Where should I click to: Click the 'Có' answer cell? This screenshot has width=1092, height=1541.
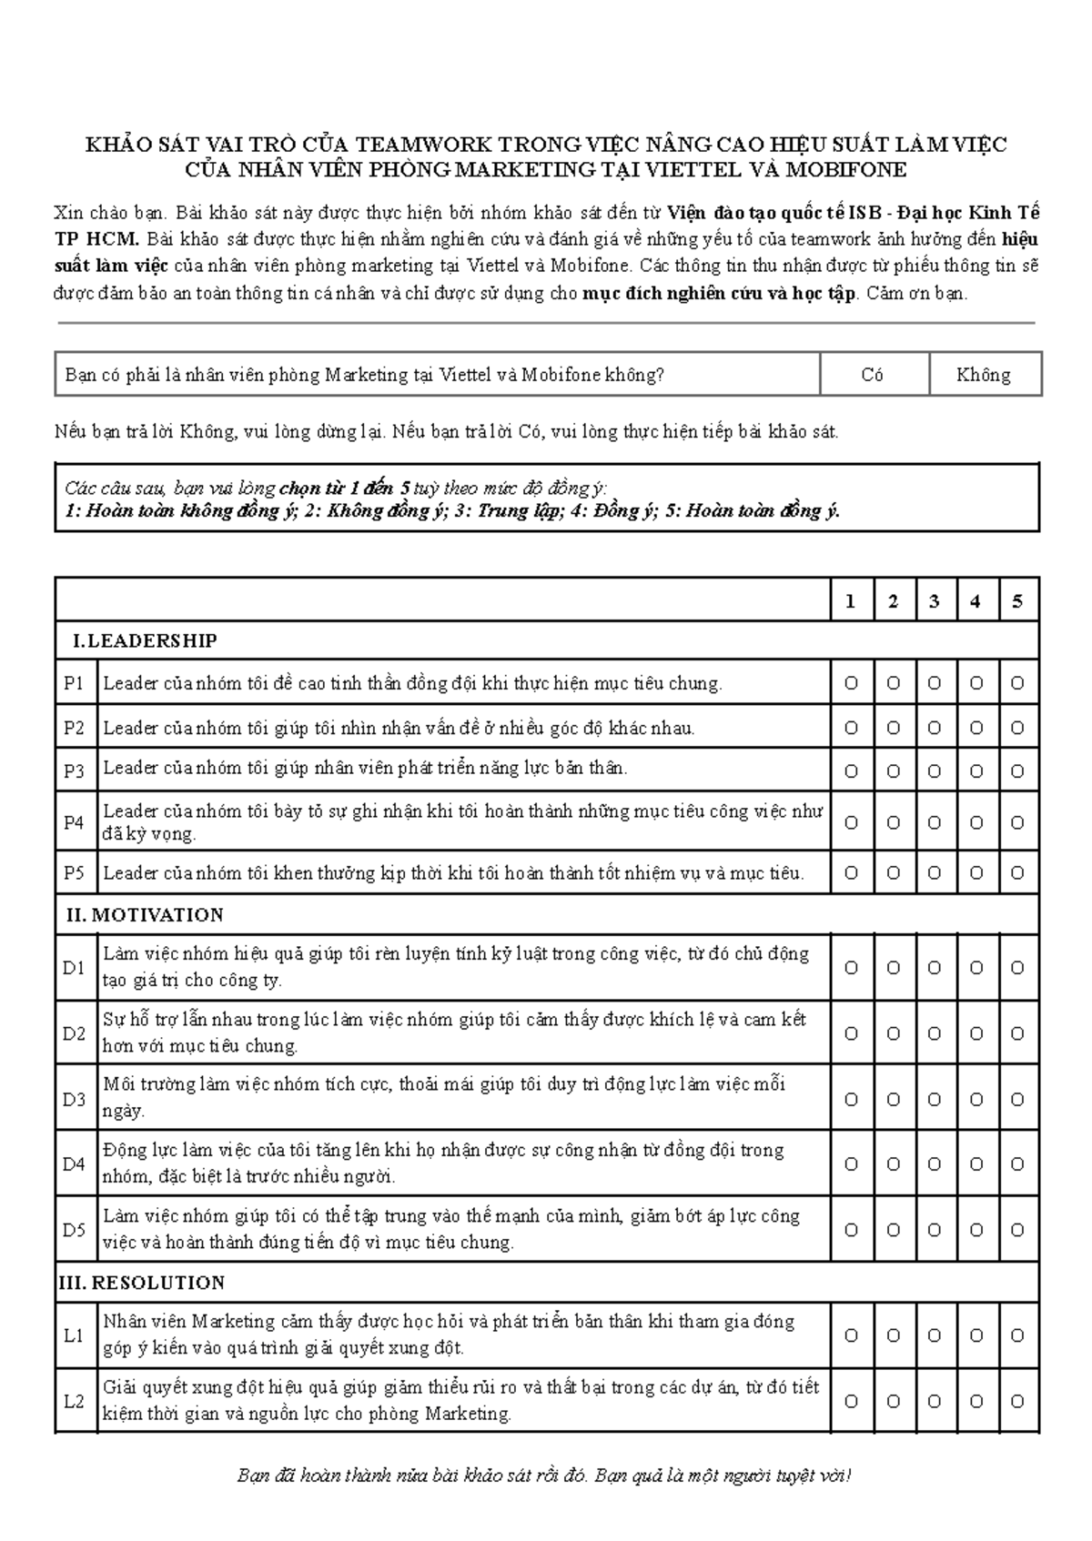873,375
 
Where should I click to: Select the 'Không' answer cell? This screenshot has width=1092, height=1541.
984,375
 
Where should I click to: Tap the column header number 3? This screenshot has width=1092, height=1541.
935,601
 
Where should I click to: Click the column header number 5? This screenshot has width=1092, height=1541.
1017,601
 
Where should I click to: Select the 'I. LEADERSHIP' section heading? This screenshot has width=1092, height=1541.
144,641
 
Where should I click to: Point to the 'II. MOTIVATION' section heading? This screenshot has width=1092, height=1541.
146,915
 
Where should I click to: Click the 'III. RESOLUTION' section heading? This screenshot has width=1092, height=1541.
141,1284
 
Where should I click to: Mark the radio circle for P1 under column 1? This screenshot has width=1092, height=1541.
852,683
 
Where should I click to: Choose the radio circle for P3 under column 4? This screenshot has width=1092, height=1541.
976,771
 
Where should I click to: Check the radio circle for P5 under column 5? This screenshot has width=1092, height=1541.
1017,873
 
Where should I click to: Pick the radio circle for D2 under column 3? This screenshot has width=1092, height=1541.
935,1033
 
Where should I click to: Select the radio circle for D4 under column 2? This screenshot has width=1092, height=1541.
894,1164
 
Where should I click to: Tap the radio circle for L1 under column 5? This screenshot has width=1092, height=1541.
1017,1335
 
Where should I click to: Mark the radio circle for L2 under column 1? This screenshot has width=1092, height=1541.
852,1402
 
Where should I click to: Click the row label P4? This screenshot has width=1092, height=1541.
74,822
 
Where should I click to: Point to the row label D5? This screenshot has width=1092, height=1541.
74,1230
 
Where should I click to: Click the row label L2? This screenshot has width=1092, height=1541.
74,1402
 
